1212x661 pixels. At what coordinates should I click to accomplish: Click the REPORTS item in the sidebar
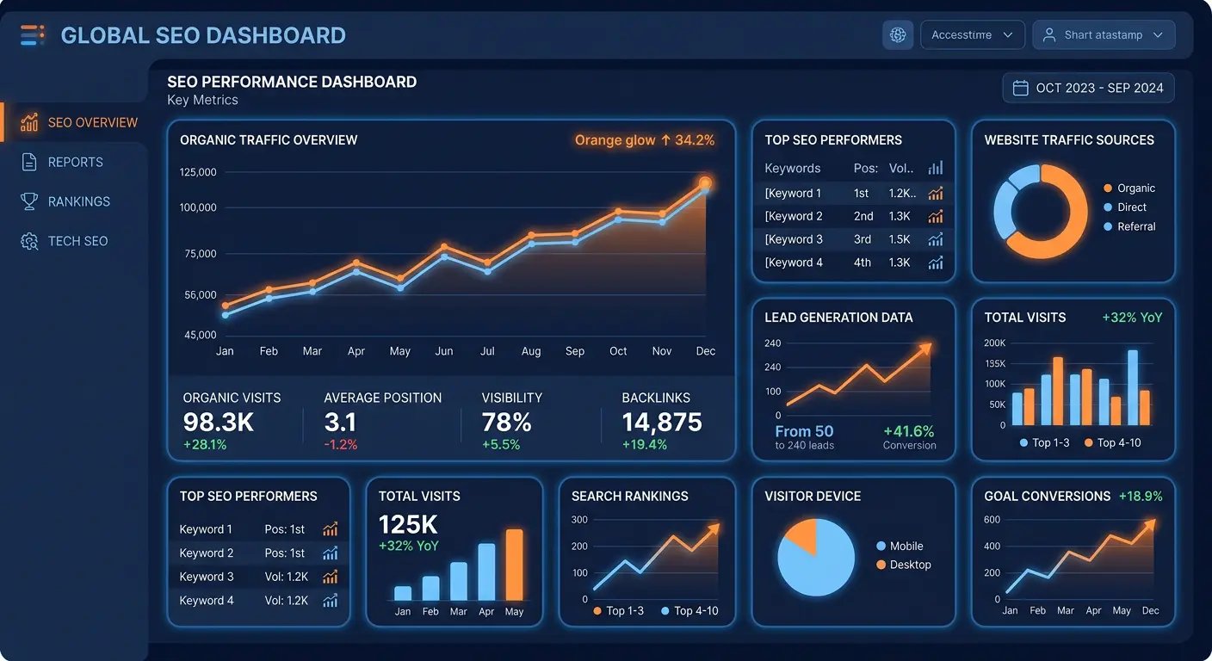(75, 162)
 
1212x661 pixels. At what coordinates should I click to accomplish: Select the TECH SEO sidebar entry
(77, 241)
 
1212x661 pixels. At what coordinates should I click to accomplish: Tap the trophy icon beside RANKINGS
(29, 201)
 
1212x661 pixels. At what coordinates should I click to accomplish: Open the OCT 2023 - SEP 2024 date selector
(1088, 88)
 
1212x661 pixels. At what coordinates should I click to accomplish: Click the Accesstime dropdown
(972, 35)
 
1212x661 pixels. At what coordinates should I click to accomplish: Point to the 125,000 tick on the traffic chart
(198, 172)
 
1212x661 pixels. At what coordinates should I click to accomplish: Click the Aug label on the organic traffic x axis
(531, 351)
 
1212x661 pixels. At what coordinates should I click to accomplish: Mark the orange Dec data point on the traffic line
(705, 182)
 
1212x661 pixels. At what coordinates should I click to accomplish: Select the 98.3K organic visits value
(220, 423)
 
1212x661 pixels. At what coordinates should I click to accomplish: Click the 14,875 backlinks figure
(662, 423)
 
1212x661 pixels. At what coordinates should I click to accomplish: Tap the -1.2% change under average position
(341, 445)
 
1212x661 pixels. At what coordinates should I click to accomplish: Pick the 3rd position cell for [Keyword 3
(863, 239)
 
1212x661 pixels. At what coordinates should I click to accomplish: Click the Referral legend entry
(1135, 226)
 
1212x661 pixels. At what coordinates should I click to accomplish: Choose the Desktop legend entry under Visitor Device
(910, 565)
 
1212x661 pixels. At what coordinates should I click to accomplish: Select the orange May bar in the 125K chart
(514, 565)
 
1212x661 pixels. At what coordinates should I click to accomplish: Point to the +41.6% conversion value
(908, 431)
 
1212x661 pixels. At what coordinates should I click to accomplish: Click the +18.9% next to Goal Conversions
(1141, 496)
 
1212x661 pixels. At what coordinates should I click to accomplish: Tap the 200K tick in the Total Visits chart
(994, 343)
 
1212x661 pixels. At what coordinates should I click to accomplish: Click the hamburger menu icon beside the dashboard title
(33, 35)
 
